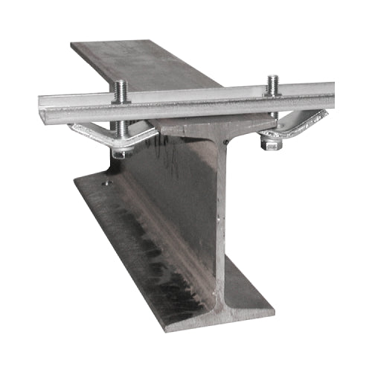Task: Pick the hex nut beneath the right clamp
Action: (272, 144)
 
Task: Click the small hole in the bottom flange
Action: (106, 182)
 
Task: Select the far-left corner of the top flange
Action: (71, 45)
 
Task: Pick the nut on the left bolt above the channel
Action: (121, 95)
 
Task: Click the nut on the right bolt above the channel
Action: (273, 89)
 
